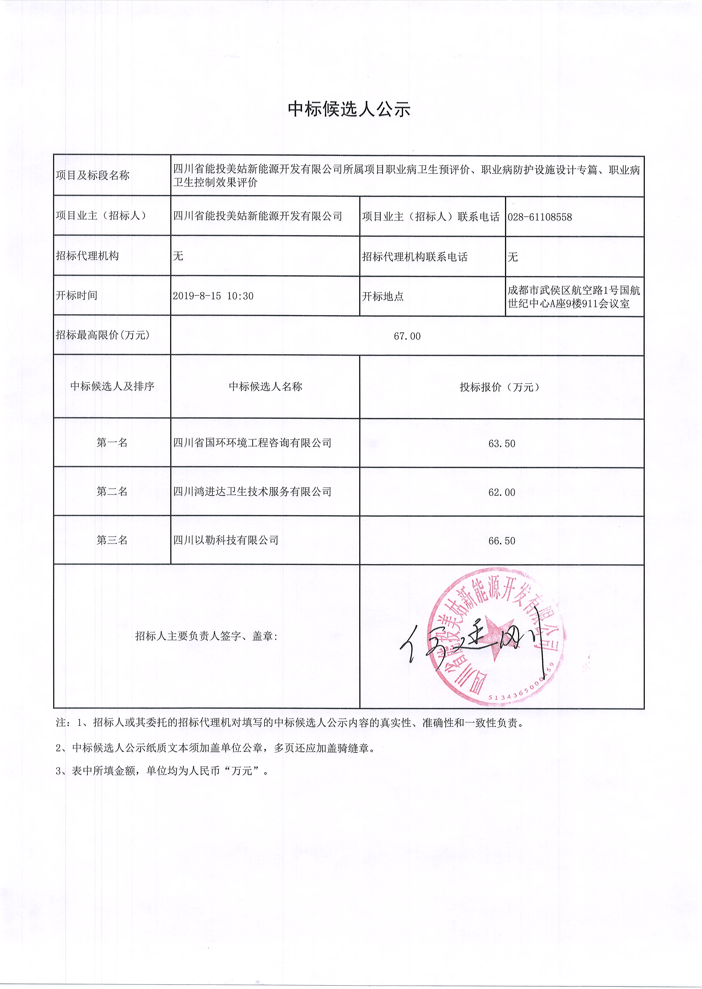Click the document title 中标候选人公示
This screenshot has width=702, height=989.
pos(349,109)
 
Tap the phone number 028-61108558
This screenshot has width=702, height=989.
pos(540,217)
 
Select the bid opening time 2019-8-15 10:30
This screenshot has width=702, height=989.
pos(213,296)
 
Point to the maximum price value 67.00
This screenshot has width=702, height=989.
pos(407,336)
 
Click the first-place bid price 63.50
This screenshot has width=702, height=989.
pos(501,444)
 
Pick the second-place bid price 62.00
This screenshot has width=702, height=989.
pos(501,492)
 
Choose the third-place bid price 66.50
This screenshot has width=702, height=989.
pos(501,541)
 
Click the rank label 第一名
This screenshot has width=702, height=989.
pos(112,443)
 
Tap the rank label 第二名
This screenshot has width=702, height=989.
pos(112,491)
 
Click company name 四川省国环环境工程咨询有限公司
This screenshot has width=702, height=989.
pos(252,443)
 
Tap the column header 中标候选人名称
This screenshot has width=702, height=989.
pos(266,386)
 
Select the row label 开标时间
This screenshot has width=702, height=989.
pos(76,296)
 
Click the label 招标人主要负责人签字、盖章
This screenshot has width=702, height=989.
pos(206,636)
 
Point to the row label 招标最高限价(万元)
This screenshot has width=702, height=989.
pos(102,335)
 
